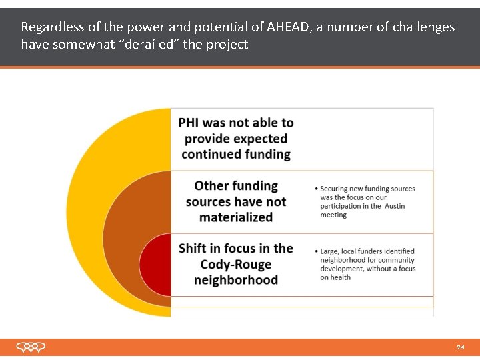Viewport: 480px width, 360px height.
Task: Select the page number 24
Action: click(461, 347)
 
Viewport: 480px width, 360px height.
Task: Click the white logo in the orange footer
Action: click(31, 347)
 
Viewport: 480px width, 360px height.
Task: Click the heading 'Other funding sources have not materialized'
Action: click(235, 201)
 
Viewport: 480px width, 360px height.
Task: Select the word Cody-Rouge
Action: click(236, 264)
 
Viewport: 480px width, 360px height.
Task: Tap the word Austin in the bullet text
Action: click(394, 206)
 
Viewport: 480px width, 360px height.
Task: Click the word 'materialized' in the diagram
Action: click(236, 217)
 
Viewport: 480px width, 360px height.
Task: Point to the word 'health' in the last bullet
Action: click(340, 277)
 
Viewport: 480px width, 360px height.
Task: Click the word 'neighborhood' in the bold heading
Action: click(236, 280)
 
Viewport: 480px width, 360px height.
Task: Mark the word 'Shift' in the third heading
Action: click(193, 249)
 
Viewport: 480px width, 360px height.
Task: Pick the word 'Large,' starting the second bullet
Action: click(331, 251)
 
